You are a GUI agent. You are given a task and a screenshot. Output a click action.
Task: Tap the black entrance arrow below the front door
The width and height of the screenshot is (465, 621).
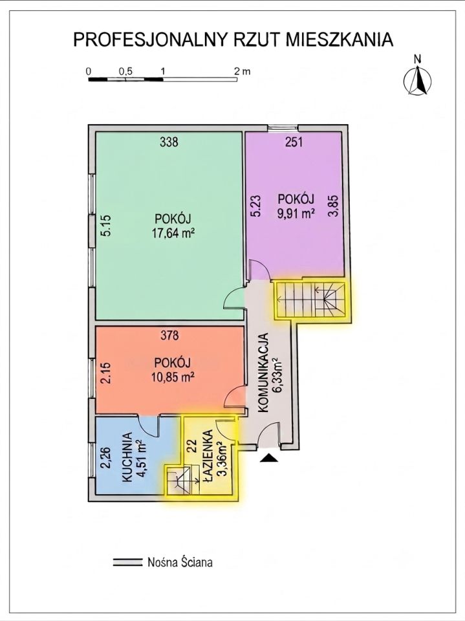pyautogui.click(x=269, y=458)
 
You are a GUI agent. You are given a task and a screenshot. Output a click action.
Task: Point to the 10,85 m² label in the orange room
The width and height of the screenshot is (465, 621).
pyautogui.click(x=173, y=376)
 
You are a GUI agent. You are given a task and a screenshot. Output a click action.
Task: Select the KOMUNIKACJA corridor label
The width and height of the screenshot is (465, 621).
pyautogui.click(x=264, y=374)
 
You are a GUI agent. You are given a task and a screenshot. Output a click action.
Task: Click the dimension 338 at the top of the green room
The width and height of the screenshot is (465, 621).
pyautogui.click(x=169, y=142)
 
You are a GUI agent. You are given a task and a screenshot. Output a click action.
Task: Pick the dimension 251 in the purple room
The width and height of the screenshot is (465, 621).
pyautogui.click(x=294, y=142)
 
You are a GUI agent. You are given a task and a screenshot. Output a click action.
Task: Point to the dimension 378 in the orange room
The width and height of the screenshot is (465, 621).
pyautogui.click(x=169, y=336)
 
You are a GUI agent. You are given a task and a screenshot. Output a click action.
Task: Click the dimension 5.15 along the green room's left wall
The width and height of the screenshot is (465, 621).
pyautogui.click(x=106, y=225)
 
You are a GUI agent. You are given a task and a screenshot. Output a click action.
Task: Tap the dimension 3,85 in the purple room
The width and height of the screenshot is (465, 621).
pyautogui.click(x=334, y=206)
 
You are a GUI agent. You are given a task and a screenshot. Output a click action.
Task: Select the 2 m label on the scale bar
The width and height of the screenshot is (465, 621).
pyautogui.click(x=242, y=71)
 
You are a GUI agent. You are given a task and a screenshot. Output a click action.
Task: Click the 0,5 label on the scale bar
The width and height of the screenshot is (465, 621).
pyautogui.click(x=125, y=71)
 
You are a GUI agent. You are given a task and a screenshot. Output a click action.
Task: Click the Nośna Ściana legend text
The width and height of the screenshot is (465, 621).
pyautogui.click(x=180, y=562)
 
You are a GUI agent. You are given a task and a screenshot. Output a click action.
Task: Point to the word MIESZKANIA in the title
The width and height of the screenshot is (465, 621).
pyautogui.click(x=338, y=40)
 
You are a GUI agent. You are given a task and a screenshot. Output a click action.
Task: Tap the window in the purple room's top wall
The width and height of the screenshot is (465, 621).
pyautogui.click(x=283, y=128)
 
